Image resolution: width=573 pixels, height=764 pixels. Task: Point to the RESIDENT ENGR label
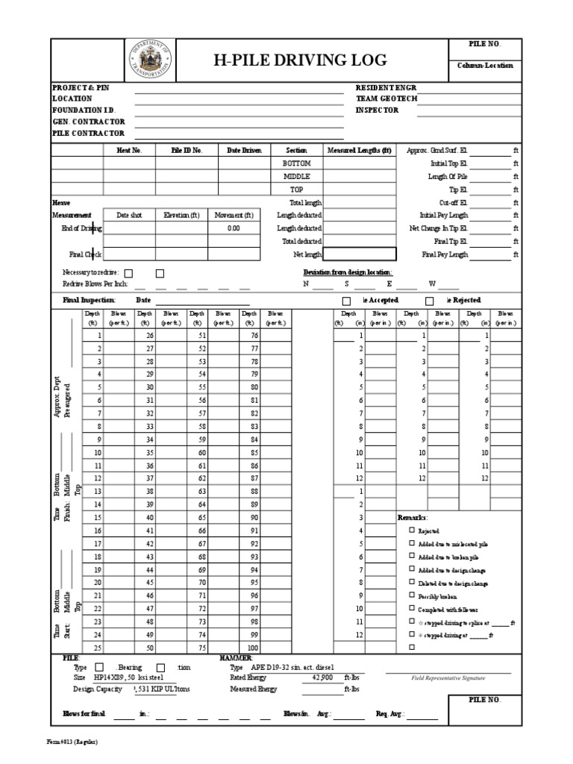(386, 87)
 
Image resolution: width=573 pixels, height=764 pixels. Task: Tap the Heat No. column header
(129, 150)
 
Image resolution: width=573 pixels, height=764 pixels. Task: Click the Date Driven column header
(245, 150)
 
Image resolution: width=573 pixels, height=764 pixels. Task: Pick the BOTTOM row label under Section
(296, 163)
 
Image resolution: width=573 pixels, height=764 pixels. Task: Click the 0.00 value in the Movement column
(234, 228)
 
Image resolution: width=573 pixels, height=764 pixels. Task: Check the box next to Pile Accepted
(346, 301)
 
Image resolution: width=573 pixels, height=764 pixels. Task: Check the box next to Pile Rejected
(429, 301)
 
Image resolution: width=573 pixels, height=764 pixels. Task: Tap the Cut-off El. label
(453, 202)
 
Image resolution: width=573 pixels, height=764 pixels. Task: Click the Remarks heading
(413, 517)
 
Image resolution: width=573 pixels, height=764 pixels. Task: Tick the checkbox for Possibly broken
(412, 595)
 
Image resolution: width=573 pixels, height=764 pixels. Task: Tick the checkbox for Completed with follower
(412, 609)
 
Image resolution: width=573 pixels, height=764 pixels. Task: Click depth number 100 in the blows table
(252, 648)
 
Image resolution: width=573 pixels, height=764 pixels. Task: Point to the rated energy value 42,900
(322, 677)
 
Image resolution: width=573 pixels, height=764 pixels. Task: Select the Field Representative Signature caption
(448, 678)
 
